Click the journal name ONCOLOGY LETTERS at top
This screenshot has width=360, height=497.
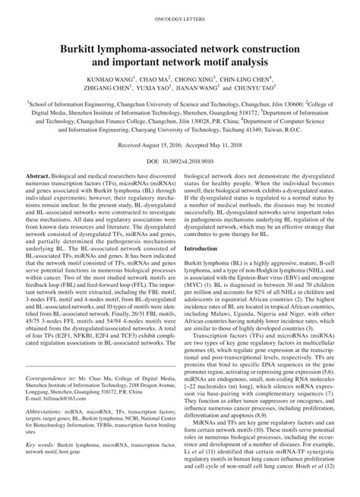pyautogui.click(x=180, y=15)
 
